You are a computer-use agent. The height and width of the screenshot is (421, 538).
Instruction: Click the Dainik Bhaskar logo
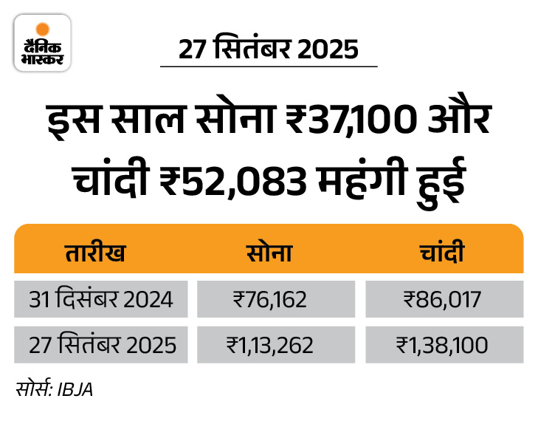42,43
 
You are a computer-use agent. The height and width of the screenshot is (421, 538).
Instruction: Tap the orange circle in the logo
43,28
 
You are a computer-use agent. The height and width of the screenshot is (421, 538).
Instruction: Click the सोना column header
269,253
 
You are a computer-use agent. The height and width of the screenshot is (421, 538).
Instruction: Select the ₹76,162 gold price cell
269,300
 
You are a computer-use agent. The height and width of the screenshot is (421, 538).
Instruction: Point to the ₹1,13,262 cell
269,345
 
